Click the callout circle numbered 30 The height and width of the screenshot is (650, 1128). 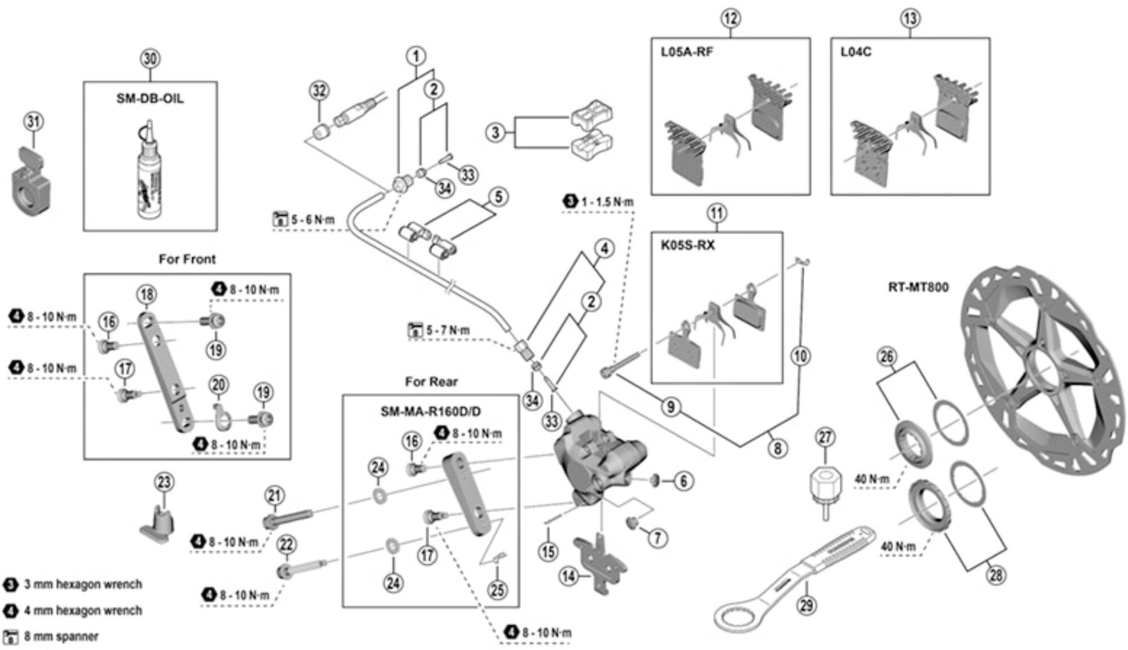[x=149, y=59]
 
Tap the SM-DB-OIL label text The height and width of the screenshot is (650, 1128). [x=150, y=98]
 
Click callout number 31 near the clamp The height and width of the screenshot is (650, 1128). [x=34, y=121]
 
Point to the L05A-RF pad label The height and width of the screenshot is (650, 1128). [x=687, y=52]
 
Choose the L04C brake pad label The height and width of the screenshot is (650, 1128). [x=856, y=52]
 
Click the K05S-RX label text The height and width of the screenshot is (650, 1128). [x=688, y=245]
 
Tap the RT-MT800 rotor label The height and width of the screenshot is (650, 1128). [x=918, y=287]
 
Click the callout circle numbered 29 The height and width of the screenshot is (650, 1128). [x=807, y=605]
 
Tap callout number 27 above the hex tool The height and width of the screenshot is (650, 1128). [x=825, y=437]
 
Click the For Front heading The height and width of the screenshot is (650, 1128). [x=187, y=259]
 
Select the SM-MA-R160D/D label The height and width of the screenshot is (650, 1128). [x=431, y=411]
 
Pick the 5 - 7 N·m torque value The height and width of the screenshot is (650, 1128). [x=447, y=330]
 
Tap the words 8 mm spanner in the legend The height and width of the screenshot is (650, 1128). [x=61, y=636]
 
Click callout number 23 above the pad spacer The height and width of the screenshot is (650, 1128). [x=164, y=482]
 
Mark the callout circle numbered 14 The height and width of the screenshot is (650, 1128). [x=569, y=576]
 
